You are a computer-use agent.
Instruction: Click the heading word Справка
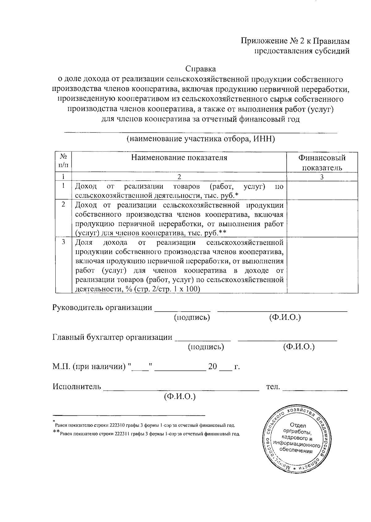[x=200, y=69]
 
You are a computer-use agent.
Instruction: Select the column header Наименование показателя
[x=179, y=158]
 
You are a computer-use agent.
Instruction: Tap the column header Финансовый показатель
[x=322, y=163]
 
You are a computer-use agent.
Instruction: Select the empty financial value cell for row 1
[x=322, y=191]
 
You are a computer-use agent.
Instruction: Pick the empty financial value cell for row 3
[x=322, y=265]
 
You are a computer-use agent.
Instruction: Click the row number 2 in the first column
[x=63, y=204]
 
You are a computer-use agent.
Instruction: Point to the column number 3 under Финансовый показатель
[x=322, y=177]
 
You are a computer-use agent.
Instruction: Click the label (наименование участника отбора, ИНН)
[x=201, y=139]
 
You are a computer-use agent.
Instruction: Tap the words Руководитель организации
[x=102, y=308]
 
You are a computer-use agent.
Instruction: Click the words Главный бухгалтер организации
[x=113, y=337]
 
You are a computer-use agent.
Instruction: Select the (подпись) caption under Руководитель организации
[x=192, y=317]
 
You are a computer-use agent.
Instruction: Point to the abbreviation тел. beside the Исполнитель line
[x=273, y=387]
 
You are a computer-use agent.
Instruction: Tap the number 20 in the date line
[x=213, y=367]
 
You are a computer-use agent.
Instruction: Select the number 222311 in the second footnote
[x=122, y=434]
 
